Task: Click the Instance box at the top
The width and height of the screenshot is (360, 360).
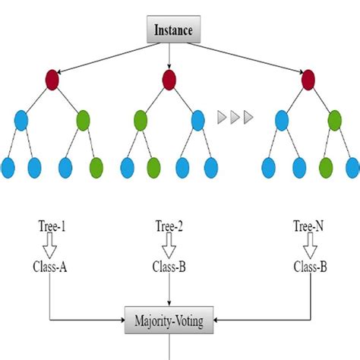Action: click(174, 31)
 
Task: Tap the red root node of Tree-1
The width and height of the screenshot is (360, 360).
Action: click(52, 79)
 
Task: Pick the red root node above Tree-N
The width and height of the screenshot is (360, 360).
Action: click(308, 79)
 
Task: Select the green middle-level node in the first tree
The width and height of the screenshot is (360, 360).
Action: click(83, 119)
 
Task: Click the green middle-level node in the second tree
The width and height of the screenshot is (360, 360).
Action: click(141, 119)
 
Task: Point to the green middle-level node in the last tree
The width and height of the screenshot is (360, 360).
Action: click(335, 119)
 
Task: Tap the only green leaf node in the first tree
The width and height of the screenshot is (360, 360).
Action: click(96, 166)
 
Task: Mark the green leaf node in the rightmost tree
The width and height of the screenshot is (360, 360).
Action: click(325, 166)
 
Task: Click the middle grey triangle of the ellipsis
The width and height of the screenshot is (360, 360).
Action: click(235, 118)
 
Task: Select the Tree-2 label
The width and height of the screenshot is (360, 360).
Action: click(169, 226)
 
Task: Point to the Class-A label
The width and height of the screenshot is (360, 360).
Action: click(49, 267)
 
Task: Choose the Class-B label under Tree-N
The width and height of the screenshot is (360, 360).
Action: click(309, 267)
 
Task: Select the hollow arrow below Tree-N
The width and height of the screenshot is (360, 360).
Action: click(309, 245)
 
